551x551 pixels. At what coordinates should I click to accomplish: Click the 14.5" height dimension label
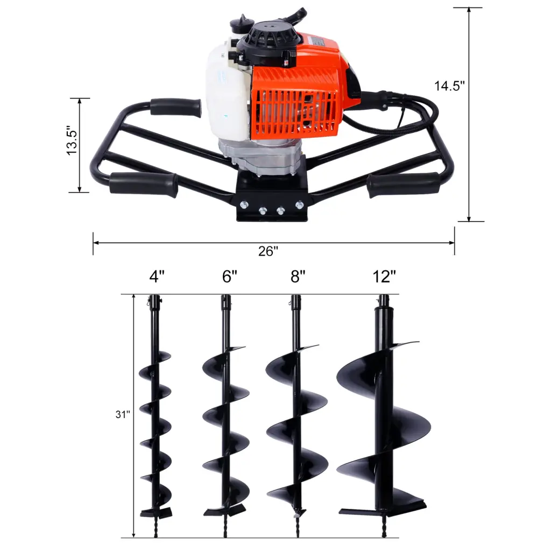[449, 86]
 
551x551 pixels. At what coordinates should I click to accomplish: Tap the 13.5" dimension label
[73, 142]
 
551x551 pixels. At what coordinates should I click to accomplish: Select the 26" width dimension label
[267, 251]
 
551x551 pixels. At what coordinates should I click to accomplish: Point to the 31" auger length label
[123, 415]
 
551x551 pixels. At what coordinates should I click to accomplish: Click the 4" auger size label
[157, 277]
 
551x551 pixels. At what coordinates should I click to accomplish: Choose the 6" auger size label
[229, 277]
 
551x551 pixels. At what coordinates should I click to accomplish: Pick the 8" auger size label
[298, 277]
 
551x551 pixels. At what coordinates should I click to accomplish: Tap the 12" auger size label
[384, 277]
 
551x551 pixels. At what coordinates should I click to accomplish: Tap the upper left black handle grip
[175, 107]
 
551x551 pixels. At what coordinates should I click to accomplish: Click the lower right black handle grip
[403, 184]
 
